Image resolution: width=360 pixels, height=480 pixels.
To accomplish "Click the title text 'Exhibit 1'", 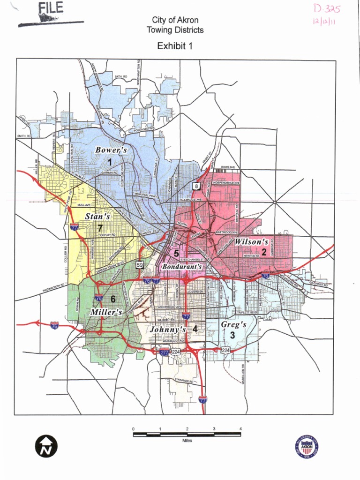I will (x=175, y=46).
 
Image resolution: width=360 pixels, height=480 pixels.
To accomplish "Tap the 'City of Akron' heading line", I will (x=175, y=20).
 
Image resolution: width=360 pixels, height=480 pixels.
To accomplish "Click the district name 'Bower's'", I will (x=111, y=150).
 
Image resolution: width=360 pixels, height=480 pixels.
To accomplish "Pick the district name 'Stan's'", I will (x=97, y=217).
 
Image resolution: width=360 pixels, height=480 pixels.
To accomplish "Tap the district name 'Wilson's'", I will (x=251, y=242).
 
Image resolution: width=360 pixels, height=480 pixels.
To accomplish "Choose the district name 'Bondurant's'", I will (x=182, y=266).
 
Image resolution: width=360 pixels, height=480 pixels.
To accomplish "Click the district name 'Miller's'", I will (x=106, y=312).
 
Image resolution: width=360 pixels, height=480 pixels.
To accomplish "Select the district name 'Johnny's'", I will (x=168, y=330).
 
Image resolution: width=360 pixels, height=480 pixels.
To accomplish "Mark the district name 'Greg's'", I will (x=233, y=324).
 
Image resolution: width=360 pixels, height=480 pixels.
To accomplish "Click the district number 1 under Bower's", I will (x=110, y=162).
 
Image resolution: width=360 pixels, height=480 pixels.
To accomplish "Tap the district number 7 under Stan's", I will (x=100, y=227).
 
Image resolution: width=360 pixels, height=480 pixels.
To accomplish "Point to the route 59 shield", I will (x=140, y=265).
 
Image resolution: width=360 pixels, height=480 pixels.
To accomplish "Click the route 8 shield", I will (x=196, y=186).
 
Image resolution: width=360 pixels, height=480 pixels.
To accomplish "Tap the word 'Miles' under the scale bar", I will (x=187, y=441).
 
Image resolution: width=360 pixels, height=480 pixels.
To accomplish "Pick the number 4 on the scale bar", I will (x=240, y=429).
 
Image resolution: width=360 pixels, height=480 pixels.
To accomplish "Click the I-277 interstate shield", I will (x=164, y=352).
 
